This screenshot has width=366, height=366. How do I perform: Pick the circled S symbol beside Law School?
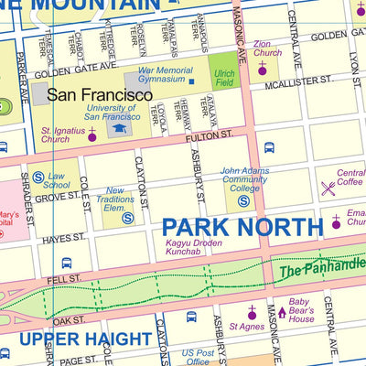point(38,178)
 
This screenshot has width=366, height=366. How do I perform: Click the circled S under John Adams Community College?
point(244,200)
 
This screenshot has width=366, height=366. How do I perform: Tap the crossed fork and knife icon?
point(327,188)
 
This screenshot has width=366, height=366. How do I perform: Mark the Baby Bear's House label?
point(301,311)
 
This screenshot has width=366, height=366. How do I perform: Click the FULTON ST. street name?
point(211,135)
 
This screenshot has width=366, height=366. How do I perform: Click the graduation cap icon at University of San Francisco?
point(118,129)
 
